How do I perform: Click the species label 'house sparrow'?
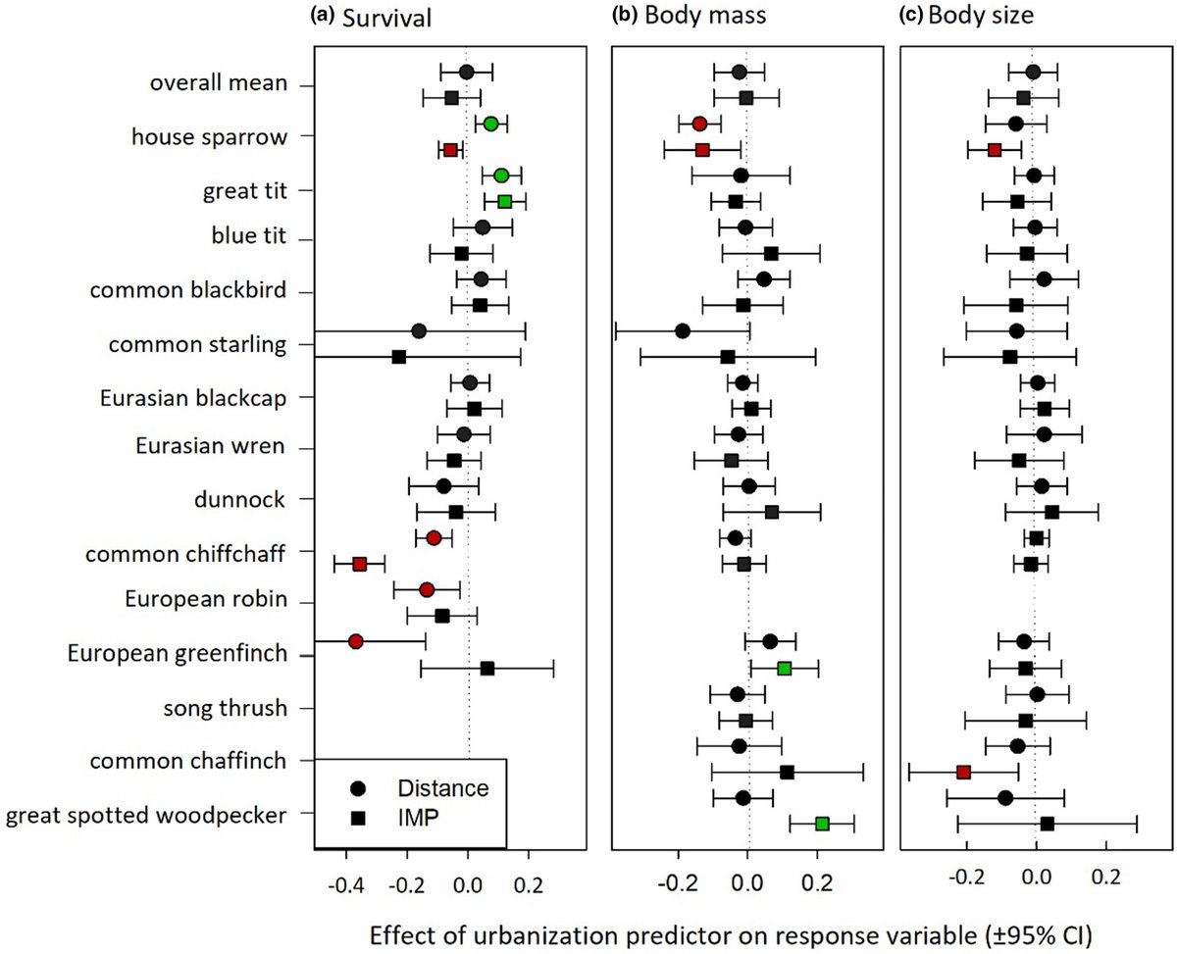(209, 136)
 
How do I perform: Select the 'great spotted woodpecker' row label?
(146, 814)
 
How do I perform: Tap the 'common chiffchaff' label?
(185, 554)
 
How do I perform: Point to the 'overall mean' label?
(218, 84)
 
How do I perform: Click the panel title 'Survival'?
(384, 19)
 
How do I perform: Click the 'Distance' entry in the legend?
(440, 787)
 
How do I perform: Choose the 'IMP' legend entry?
(416, 818)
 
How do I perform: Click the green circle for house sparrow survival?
(491, 124)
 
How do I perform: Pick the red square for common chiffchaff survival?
(360, 564)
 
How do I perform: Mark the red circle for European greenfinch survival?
(356, 641)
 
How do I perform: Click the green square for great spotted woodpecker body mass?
(822, 824)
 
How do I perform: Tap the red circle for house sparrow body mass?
(699, 124)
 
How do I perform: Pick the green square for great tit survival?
(505, 201)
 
